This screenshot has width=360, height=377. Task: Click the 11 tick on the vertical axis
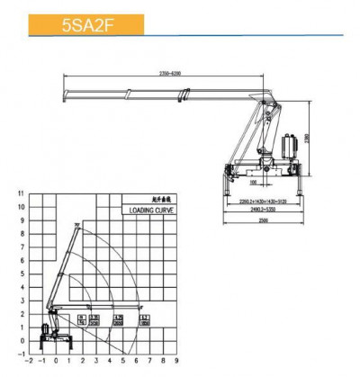(21, 193)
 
